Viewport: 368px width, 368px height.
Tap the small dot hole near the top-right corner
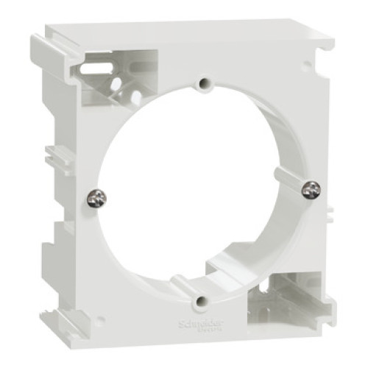click(x=307, y=66)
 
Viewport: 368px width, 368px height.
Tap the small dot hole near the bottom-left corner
click(x=101, y=320)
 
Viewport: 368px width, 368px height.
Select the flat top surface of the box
click(x=184, y=31)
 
